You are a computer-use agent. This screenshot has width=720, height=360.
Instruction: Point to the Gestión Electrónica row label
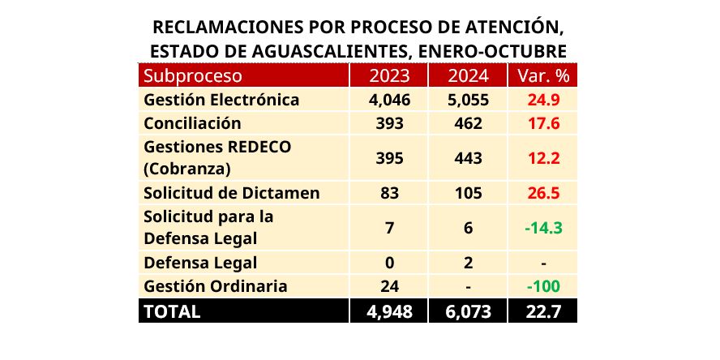click(x=221, y=101)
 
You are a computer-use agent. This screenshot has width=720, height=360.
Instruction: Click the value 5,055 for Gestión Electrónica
click(x=468, y=101)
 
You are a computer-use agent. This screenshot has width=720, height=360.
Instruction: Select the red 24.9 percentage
click(x=542, y=101)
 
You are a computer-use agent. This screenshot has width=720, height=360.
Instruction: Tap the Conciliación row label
click(x=192, y=124)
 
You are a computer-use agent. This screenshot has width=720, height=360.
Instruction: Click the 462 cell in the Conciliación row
click(x=468, y=124)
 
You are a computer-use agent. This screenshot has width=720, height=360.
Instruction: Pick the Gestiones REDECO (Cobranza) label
click(x=216, y=158)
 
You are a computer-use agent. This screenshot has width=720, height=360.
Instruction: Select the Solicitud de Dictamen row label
click(x=231, y=194)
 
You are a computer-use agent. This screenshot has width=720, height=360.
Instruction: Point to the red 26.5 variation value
click(x=542, y=194)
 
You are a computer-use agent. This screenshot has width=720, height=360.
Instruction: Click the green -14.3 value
click(x=542, y=228)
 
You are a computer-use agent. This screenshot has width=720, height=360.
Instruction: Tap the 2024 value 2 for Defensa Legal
click(x=468, y=263)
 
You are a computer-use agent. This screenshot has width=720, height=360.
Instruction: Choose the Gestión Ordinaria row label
click(x=215, y=286)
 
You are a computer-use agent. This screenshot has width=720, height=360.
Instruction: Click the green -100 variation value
click(x=542, y=286)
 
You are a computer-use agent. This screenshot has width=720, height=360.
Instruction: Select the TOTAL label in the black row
click(x=172, y=311)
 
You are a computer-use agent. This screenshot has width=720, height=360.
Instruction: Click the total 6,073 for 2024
click(x=468, y=311)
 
